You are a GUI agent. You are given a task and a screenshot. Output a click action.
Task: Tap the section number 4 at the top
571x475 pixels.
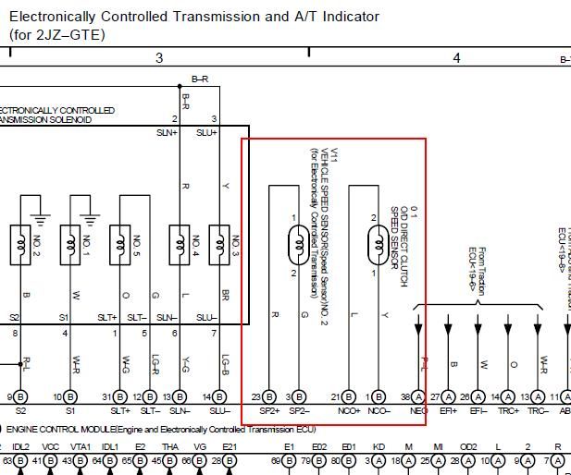tap(456, 58)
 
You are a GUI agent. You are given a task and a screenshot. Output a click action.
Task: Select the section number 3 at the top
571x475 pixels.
tap(159, 58)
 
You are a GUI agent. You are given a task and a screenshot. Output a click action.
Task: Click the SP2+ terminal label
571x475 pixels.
tap(269, 411)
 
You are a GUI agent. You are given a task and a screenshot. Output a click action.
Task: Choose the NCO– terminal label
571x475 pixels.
tap(379, 411)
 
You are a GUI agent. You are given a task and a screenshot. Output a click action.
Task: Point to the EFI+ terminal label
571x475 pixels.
tap(449, 411)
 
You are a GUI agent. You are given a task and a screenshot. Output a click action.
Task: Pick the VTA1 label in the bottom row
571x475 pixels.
tap(79, 446)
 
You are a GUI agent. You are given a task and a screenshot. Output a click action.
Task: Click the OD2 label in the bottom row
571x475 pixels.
tap(468, 446)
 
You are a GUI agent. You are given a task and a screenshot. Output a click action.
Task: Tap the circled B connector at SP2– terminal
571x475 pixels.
tap(299, 396)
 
